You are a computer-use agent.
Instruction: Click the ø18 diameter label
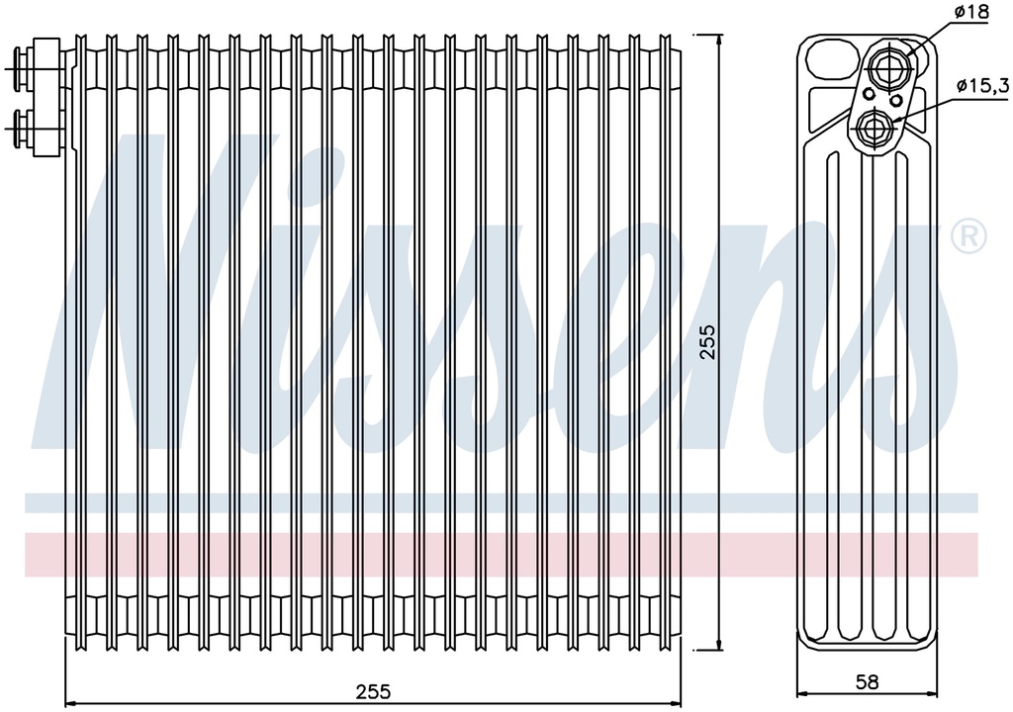click(x=971, y=12)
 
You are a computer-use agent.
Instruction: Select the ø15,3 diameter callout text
click(x=983, y=85)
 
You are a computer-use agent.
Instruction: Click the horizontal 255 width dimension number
click(x=373, y=691)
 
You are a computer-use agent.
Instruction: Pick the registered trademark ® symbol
click(x=968, y=236)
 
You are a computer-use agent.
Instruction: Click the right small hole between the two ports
click(x=895, y=101)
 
